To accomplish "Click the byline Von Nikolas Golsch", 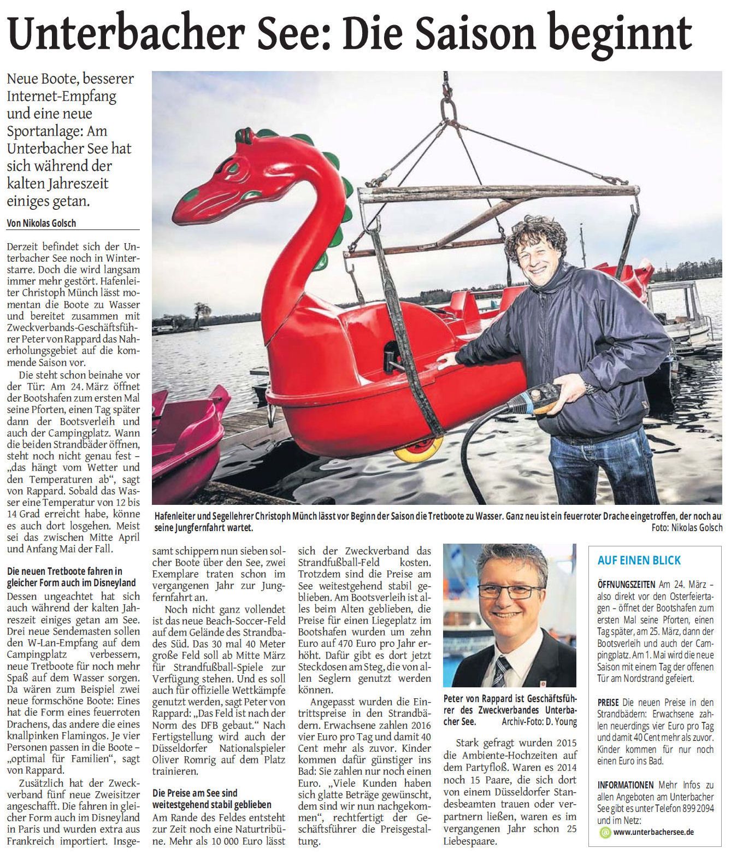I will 42,223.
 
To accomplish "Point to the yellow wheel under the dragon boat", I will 418,449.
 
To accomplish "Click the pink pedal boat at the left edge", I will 186,437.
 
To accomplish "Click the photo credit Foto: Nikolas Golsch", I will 686,528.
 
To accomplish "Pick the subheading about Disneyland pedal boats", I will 64,577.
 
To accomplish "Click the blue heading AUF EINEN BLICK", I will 639,560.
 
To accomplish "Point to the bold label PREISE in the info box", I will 608,703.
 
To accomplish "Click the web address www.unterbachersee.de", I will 653,832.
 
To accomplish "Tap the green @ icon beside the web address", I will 605,832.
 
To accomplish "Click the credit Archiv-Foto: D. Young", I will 539,722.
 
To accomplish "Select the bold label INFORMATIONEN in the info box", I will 625,785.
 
